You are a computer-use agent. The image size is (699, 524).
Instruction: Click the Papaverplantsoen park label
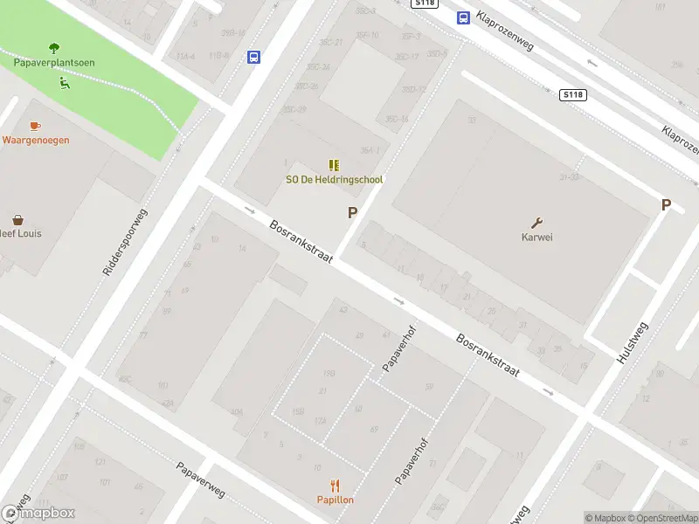coord(54,63)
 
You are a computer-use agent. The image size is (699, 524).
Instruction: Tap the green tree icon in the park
coord(54,48)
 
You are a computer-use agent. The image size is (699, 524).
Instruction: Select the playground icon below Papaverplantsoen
coord(63,84)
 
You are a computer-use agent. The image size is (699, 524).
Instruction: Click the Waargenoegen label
coord(36,140)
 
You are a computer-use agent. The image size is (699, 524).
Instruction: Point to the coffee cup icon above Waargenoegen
coord(35,126)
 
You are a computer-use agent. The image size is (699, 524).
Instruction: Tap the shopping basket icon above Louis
coord(17,220)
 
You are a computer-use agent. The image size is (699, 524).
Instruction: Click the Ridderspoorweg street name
coord(126,243)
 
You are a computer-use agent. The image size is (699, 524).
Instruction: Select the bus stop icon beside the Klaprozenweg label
coord(462,17)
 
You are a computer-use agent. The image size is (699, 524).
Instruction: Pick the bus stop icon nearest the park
coord(253,58)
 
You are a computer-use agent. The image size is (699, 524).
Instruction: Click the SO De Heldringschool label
coord(335,180)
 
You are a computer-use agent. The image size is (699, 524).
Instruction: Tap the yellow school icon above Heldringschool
coord(334,164)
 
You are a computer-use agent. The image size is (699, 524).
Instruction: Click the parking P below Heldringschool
coord(353,212)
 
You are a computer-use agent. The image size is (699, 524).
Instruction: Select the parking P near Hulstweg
coord(666,205)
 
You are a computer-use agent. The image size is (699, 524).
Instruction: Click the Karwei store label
coord(537,237)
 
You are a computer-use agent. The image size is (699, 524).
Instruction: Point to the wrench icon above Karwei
coord(537,222)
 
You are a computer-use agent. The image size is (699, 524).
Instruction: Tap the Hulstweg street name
coord(633,343)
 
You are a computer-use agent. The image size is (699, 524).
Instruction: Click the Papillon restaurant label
coord(335,500)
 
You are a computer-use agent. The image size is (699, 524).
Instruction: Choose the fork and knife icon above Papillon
coord(335,486)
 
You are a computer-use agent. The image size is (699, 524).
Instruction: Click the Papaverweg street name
coord(200,480)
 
